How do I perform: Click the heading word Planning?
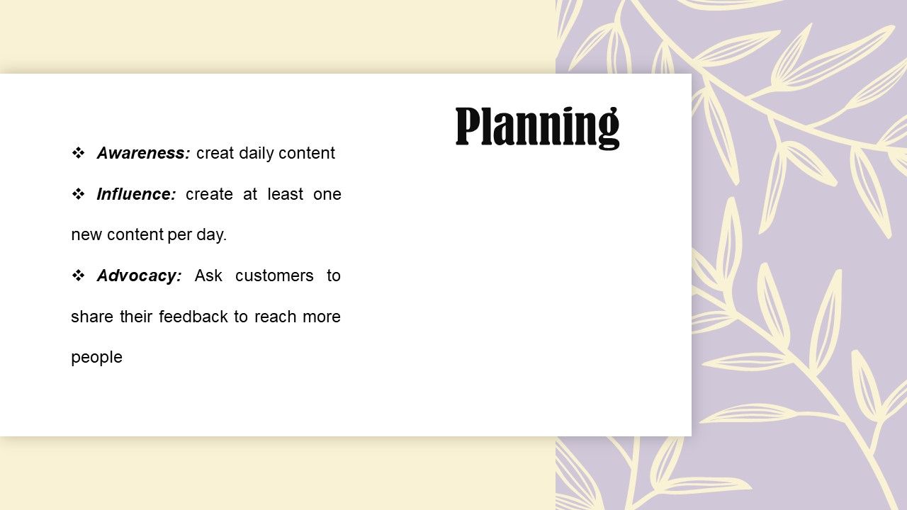537,127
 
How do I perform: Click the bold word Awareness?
143,153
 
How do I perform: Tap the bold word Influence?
137,194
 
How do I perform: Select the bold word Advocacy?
140,276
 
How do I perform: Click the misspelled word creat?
215,154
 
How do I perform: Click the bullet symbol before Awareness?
78,153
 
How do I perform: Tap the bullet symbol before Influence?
78,194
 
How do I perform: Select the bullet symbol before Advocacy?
78,276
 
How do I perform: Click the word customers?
274,276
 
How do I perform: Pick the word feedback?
193,317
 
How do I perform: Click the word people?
96,358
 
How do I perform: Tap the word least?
286,194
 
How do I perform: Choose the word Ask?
208,276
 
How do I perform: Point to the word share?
92,317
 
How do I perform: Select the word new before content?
86,235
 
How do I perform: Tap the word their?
136,317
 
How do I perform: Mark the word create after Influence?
209,195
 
